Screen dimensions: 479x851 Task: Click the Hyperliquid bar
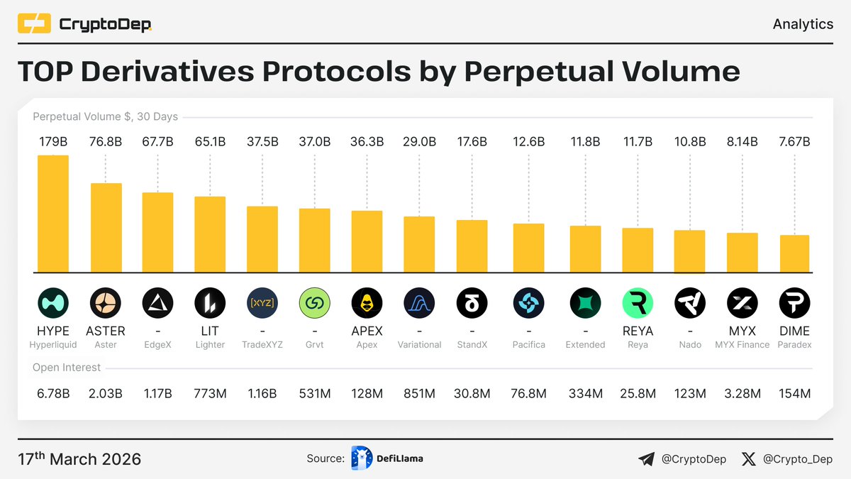tap(53, 214)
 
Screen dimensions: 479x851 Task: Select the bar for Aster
tap(106, 228)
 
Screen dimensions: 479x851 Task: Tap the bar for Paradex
tap(794, 253)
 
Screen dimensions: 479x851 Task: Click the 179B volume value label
tap(53, 142)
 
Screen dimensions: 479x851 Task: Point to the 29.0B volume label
tap(419, 142)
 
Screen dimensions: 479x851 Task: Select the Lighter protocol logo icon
tap(210, 304)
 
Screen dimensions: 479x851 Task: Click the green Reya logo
tap(638, 304)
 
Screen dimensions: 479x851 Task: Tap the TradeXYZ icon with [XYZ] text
tap(262, 304)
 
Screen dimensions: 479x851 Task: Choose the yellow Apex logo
tap(367, 304)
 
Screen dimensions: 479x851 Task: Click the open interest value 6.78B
tap(53, 394)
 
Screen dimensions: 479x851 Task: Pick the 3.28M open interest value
tap(742, 394)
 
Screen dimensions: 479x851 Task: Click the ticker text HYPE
tap(53, 331)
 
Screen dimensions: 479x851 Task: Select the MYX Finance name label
tap(742, 345)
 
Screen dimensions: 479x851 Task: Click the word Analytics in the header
tap(803, 24)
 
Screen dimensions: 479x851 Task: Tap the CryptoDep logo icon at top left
tap(34, 25)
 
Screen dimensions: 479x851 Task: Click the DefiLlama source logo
tap(362, 459)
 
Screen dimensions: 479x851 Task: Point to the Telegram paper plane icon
tap(646, 460)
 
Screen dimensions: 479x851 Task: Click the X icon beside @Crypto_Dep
tap(748, 460)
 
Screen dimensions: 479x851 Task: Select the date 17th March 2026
tap(79, 459)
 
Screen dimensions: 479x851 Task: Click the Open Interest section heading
tap(67, 368)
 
